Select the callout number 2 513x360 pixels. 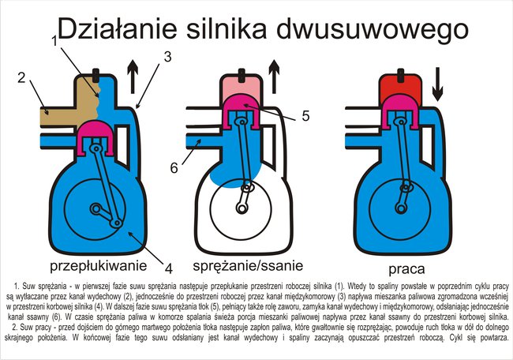pyautogui.click(x=21, y=77)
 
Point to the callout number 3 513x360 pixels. pyautogui.click(x=167, y=57)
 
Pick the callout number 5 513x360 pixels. pyautogui.click(x=305, y=115)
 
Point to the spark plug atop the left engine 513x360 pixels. pyautogui.click(x=95, y=76)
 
